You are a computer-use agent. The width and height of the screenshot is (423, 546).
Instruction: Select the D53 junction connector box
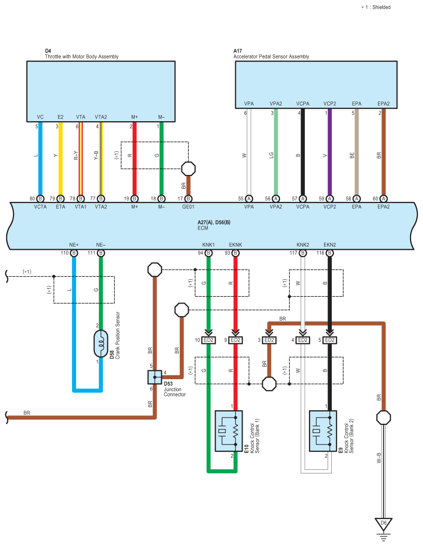click(x=154, y=377)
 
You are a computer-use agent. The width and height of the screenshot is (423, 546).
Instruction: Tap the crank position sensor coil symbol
click(x=101, y=343)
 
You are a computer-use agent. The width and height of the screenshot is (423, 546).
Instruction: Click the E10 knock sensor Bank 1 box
click(x=229, y=431)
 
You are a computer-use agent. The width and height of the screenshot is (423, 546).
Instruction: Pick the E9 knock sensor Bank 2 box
click(x=323, y=431)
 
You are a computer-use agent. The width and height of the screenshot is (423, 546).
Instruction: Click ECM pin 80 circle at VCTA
click(x=40, y=198)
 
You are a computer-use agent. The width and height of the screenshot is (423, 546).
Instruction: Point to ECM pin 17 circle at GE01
click(x=188, y=198)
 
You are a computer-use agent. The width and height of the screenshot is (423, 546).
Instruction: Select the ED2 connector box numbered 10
click(x=209, y=340)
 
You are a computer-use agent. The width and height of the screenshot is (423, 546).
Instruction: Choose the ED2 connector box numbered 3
click(x=269, y=340)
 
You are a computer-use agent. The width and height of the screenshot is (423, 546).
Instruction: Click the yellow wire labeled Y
click(x=60, y=159)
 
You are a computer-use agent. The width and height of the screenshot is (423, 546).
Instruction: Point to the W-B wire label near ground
click(x=379, y=458)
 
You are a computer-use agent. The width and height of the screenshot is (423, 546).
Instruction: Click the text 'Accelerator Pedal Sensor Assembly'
click(x=271, y=56)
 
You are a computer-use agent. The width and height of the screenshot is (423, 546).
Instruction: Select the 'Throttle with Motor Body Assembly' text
click(x=81, y=56)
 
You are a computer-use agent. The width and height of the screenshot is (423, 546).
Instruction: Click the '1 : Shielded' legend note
click(x=376, y=7)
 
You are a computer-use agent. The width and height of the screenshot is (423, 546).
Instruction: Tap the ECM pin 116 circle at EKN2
click(x=330, y=253)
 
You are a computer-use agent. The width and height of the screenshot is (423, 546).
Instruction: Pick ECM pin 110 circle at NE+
click(x=74, y=253)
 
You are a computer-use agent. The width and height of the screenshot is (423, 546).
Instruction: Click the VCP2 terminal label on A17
click(x=330, y=104)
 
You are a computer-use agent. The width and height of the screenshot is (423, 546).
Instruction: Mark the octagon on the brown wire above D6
click(x=384, y=417)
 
